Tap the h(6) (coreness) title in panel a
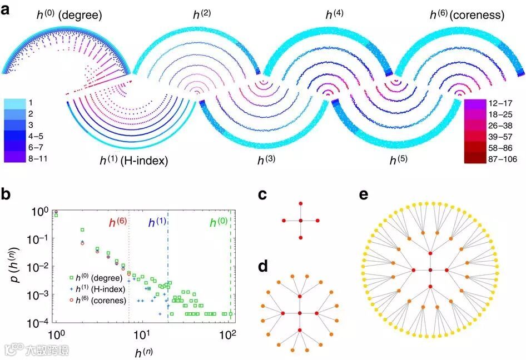click(467, 15)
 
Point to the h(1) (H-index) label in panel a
click(133, 161)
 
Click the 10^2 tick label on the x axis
click(229, 335)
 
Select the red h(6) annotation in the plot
click(118, 224)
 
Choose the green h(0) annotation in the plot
click(219, 224)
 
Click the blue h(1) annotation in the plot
click(156, 224)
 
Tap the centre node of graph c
click(300, 221)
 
